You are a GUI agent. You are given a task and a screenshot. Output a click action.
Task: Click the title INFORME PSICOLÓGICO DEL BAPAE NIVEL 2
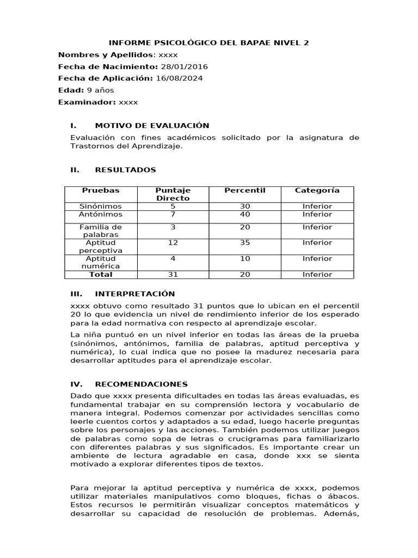pos(209,43)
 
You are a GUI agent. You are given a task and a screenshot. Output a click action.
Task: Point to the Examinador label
pos(87,102)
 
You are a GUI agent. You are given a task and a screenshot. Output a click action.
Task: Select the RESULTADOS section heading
pos(125,170)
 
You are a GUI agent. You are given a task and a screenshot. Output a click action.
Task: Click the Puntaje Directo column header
pos(173,194)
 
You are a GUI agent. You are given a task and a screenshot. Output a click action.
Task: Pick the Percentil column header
pos(245,190)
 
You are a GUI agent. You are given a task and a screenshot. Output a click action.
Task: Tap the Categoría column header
pos(317,190)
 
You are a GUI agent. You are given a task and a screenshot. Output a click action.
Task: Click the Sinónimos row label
pos(101,207)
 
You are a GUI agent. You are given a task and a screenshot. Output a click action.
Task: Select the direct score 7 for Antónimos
pos(173,214)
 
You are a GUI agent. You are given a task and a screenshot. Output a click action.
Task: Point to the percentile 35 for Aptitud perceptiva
pos(245,242)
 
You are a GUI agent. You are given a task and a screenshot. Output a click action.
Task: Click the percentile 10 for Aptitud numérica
pos(245,258)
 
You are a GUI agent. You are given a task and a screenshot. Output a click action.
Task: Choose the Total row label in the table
pos(101,274)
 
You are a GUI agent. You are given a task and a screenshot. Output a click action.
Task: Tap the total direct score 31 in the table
pos(173,274)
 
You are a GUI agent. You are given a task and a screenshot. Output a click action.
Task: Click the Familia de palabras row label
pos(101,231)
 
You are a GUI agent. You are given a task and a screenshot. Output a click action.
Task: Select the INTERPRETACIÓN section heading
pos(135,294)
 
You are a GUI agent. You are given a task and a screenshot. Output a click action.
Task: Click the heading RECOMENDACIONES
pos(141,384)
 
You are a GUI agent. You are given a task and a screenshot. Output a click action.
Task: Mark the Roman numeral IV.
pos(76,384)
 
